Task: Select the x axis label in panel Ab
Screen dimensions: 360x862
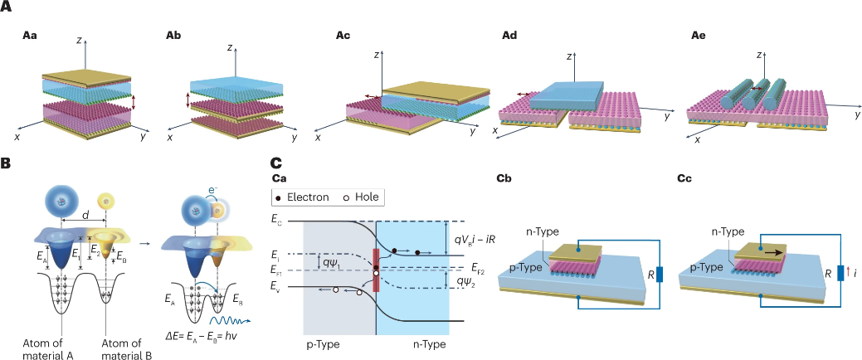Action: (x=170, y=138)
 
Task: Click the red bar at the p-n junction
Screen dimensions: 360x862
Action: (x=377, y=270)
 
